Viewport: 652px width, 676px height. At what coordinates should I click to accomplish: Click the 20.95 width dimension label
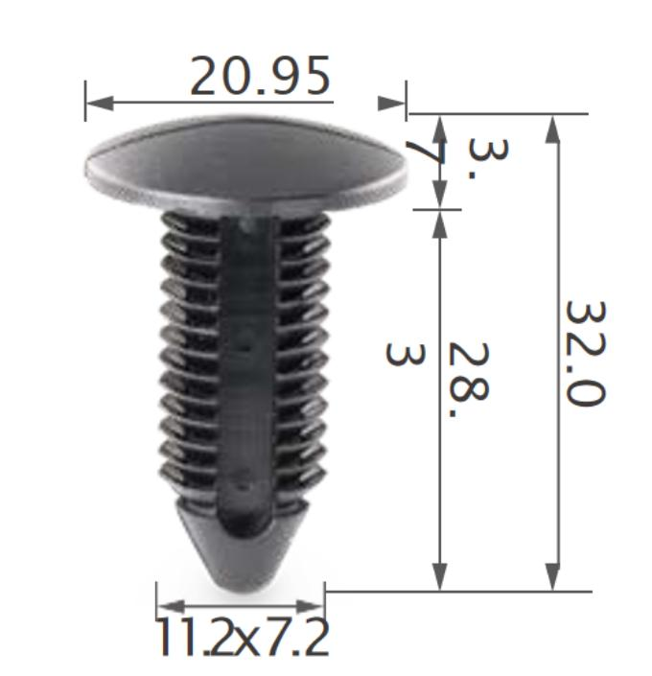[x=260, y=76]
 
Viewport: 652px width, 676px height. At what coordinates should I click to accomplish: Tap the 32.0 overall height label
[x=584, y=352]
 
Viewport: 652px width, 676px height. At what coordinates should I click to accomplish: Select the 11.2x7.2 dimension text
[x=243, y=638]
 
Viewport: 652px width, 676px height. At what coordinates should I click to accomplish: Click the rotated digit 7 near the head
[x=420, y=154]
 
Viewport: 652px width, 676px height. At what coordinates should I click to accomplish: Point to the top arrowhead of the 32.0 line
[x=552, y=128]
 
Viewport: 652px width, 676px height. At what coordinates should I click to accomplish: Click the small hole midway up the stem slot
[x=246, y=340]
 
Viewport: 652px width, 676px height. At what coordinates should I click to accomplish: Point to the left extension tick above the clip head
[x=85, y=100]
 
